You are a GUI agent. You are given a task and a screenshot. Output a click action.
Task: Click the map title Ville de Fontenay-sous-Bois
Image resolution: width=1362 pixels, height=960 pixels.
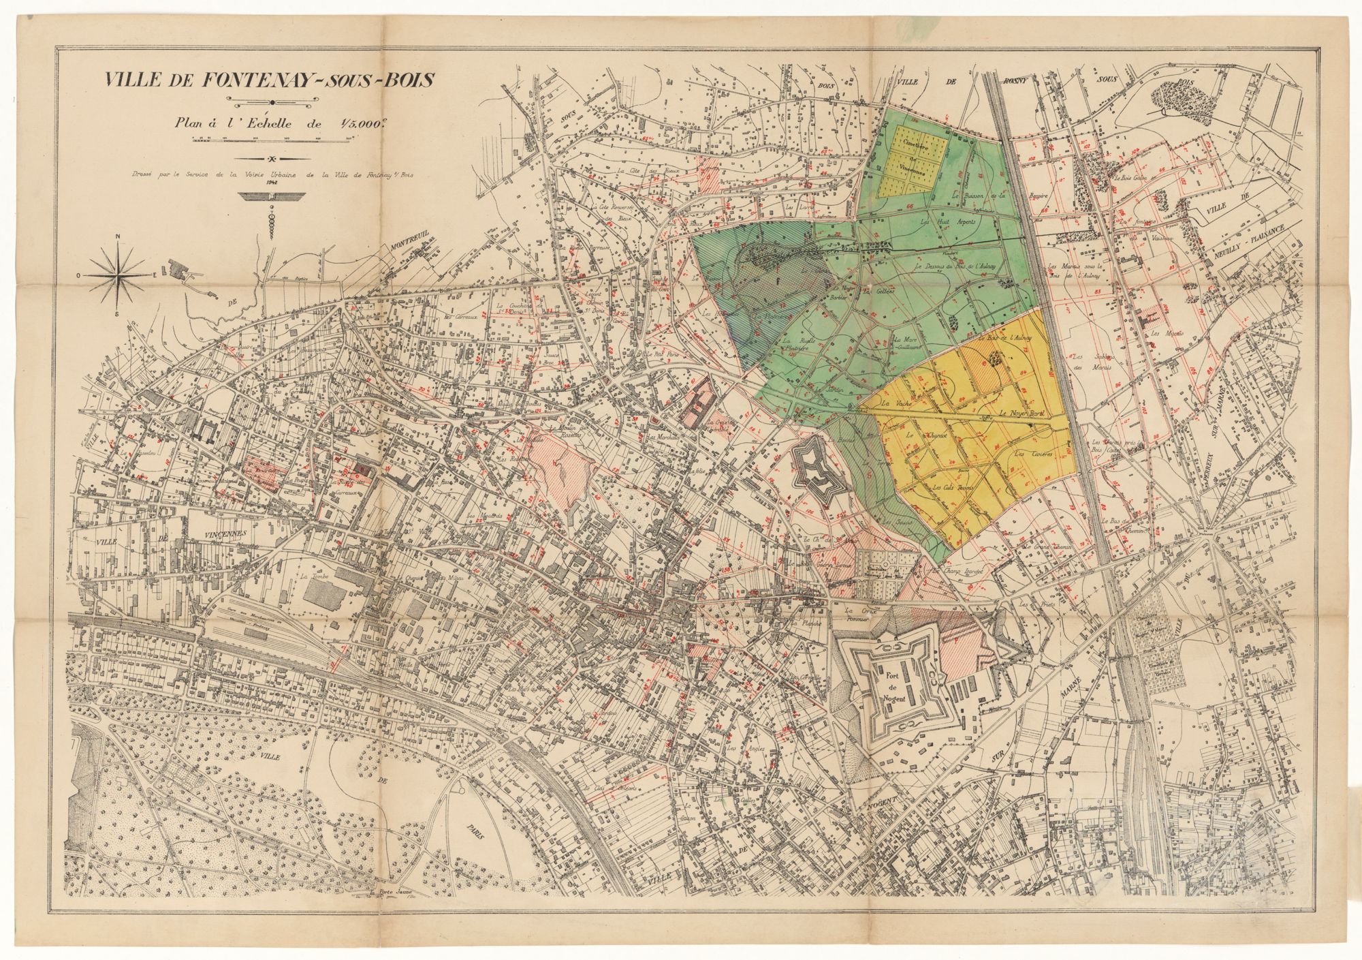(x=268, y=80)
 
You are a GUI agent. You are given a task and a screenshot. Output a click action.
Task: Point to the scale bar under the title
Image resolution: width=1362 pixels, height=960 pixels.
(x=272, y=140)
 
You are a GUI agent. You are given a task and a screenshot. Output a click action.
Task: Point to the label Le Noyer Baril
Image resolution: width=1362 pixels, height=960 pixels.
(x=1020, y=414)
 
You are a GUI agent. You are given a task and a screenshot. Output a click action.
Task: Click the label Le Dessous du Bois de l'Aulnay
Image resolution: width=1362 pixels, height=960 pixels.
(x=957, y=267)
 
